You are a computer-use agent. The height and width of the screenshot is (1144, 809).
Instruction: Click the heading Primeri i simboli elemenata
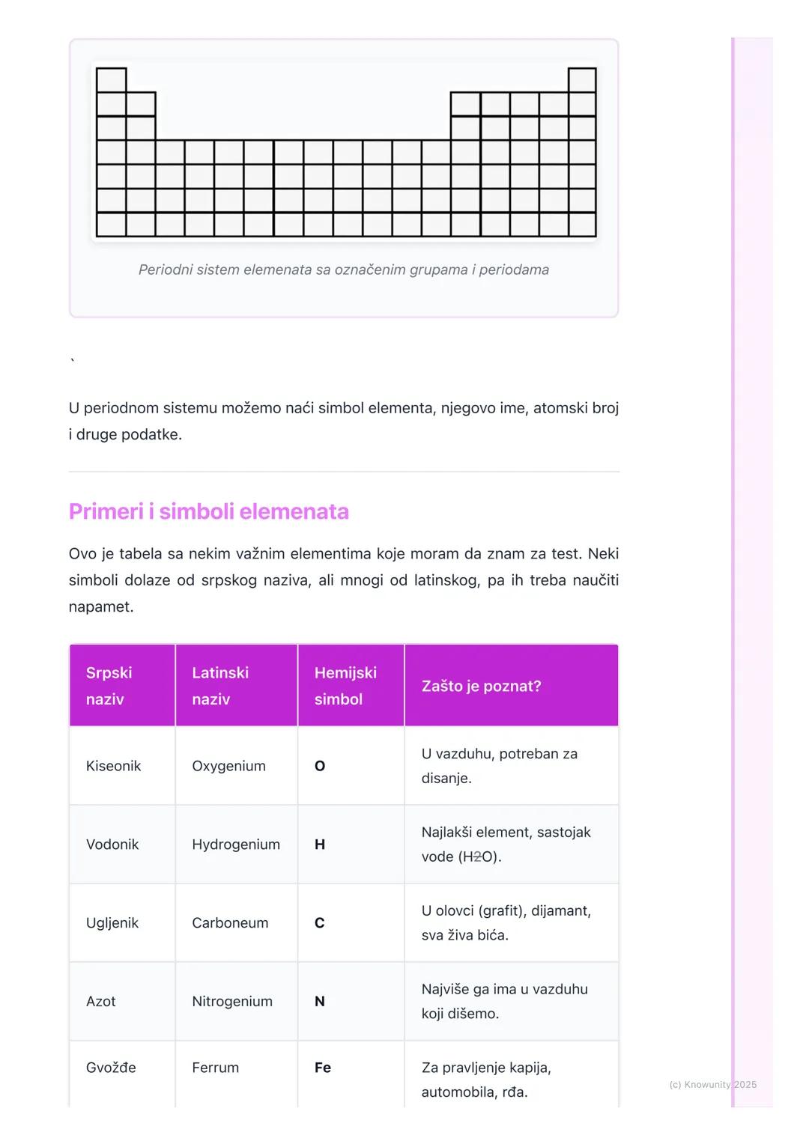point(208,511)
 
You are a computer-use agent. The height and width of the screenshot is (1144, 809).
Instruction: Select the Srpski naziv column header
point(109,686)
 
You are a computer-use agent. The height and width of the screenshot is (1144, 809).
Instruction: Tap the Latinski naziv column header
point(220,686)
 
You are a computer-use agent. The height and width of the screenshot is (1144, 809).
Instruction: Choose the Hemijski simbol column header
point(345,686)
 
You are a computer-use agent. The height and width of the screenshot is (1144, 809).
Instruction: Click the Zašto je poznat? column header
point(481,686)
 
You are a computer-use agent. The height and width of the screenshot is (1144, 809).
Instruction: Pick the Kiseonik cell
point(114,766)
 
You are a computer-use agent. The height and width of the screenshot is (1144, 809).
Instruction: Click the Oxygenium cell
point(228,766)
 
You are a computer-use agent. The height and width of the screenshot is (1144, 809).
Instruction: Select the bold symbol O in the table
point(320,766)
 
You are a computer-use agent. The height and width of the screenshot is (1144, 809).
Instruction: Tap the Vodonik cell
point(112,845)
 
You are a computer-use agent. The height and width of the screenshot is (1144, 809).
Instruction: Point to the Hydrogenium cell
point(236,845)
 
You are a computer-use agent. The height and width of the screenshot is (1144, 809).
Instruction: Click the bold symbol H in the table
point(320,845)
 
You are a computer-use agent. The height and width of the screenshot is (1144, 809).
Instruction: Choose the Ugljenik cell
point(112,923)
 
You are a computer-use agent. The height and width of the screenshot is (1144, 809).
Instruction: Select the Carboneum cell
point(230,923)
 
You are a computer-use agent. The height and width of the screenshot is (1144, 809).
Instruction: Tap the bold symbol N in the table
point(320,1002)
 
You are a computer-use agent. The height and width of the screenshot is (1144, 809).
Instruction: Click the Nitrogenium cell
point(232,1002)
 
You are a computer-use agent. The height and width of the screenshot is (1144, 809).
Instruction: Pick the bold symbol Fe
point(323,1068)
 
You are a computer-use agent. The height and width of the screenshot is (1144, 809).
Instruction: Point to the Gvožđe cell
point(111,1068)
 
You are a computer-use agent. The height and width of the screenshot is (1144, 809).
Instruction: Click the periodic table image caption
point(344,270)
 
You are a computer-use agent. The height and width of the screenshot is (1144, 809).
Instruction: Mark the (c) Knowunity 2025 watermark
point(712,1084)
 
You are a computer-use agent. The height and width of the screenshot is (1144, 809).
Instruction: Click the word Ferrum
point(216,1068)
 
